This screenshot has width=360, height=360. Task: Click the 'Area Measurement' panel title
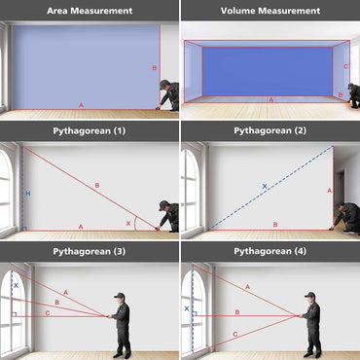pyautogui.click(x=90, y=11)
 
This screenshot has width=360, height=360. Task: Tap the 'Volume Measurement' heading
pyautogui.click(x=270, y=11)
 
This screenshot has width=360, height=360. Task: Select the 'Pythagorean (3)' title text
pyautogui.click(x=90, y=251)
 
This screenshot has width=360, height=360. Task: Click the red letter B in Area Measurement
pyautogui.click(x=155, y=68)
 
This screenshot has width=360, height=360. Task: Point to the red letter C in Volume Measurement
pyautogui.click(x=345, y=66)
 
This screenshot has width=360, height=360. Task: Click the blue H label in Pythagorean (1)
pyautogui.click(x=28, y=194)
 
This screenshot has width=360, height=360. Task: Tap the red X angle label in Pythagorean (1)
pyautogui.click(x=128, y=224)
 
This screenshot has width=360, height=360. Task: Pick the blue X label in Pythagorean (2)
pyautogui.click(x=265, y=186)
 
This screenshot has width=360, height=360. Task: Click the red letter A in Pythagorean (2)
pyautogui.click(x=330, y=191)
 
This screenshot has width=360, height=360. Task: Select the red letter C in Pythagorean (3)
pyautogui.click(x=48, y=313)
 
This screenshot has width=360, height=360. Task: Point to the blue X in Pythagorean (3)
pyautogui.click(x=16, y=286)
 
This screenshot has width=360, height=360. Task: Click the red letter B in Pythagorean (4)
pyautogui.click(x=237, y=312)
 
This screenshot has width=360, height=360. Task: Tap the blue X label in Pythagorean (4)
pyautogui.click(x=187, y=308)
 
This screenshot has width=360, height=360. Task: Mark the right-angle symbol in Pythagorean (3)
pyautogui.click(x=14, y=314)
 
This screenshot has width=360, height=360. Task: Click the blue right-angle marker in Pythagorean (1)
pyautogui.click(x=24, y=229)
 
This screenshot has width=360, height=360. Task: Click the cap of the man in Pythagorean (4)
pyautogui.click(x=310, y=295)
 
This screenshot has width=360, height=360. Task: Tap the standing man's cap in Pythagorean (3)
pyautogui.click(x=120, y=296)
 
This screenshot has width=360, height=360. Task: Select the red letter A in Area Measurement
pyautogui.click(x=81, y=105)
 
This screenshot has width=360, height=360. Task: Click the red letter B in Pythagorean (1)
pyautogui.click(x=97, y=186)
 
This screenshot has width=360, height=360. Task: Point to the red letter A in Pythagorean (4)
pyautogui.click(x=247, y=287)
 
